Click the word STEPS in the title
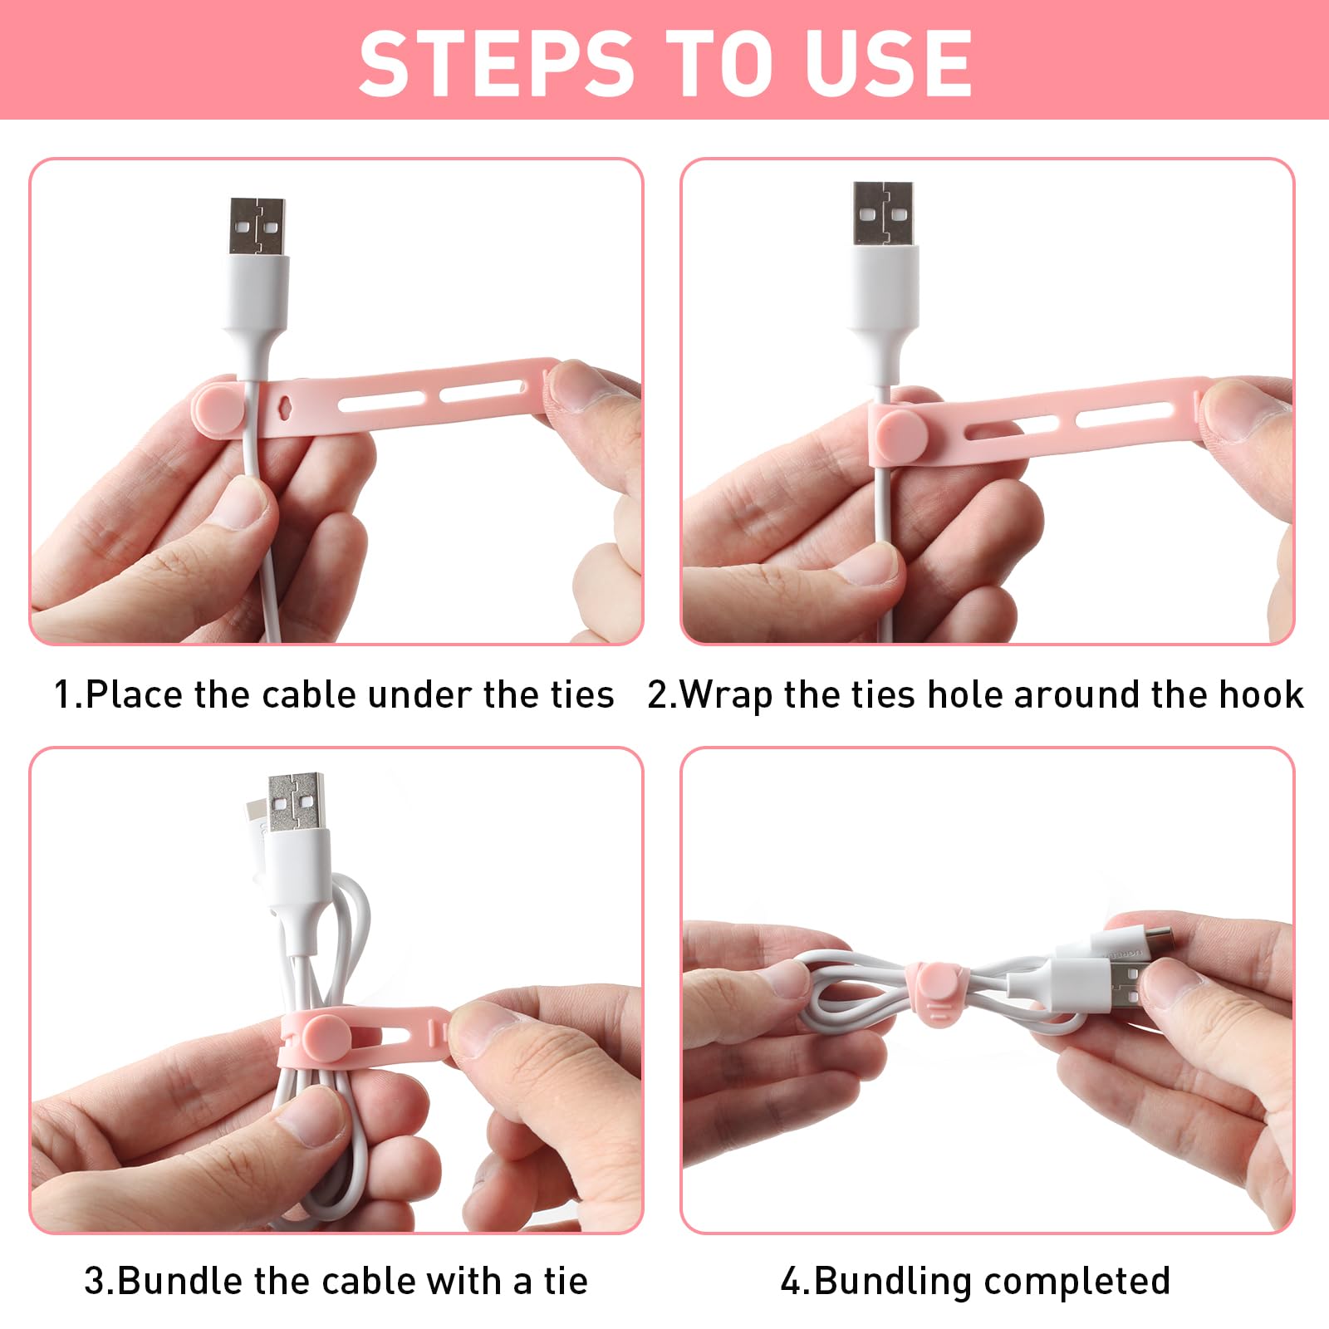(496, 62)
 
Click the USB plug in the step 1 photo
(258, 226)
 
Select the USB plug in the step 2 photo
(884, 213)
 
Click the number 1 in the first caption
(63, 694)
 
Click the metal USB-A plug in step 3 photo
(296, 802)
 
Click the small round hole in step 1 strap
(285, 407)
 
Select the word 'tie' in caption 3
(566, 1280)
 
